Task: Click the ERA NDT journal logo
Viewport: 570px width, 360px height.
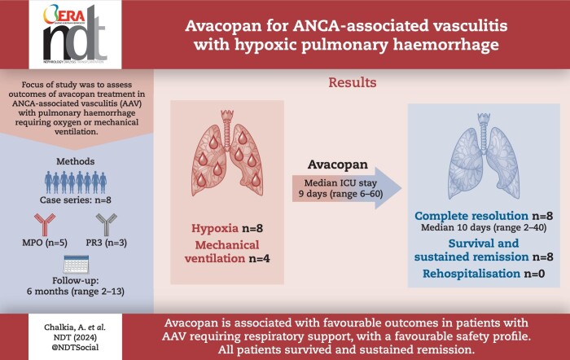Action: tap(75, 34)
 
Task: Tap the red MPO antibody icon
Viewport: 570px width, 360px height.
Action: tap(45, 225)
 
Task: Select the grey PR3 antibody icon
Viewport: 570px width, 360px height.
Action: tap(107, 225)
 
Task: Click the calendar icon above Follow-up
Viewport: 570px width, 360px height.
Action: tap(76, 265)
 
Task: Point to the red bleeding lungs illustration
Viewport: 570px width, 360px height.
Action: tap(227, 153)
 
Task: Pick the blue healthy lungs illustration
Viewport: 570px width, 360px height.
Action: tap(484, 156)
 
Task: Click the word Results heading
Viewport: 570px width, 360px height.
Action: tap(353, 82)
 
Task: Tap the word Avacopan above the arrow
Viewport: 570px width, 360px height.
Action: tap(338, 165)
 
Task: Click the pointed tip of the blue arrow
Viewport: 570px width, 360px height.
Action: tap(401, 188)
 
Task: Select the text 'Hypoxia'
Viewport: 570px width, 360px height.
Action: tap(215, 228)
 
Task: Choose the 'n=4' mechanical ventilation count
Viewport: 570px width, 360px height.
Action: tap(259, 258)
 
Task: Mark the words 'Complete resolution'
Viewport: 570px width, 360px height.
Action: tap(471, 216)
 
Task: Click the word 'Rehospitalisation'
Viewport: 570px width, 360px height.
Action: tap(471, 274)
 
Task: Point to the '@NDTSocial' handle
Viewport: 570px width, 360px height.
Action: tap(75, 347)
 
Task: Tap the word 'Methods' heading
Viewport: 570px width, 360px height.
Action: tap(75, 161)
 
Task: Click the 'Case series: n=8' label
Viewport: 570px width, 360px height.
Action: tap(76, 200)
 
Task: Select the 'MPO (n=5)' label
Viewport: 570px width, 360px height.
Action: tap(45, 243)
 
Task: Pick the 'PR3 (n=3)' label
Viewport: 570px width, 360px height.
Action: tap(107, 243)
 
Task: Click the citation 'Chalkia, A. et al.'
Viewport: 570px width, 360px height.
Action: tap(75, 327)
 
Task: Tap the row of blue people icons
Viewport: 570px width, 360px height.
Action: tap(76, 182)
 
